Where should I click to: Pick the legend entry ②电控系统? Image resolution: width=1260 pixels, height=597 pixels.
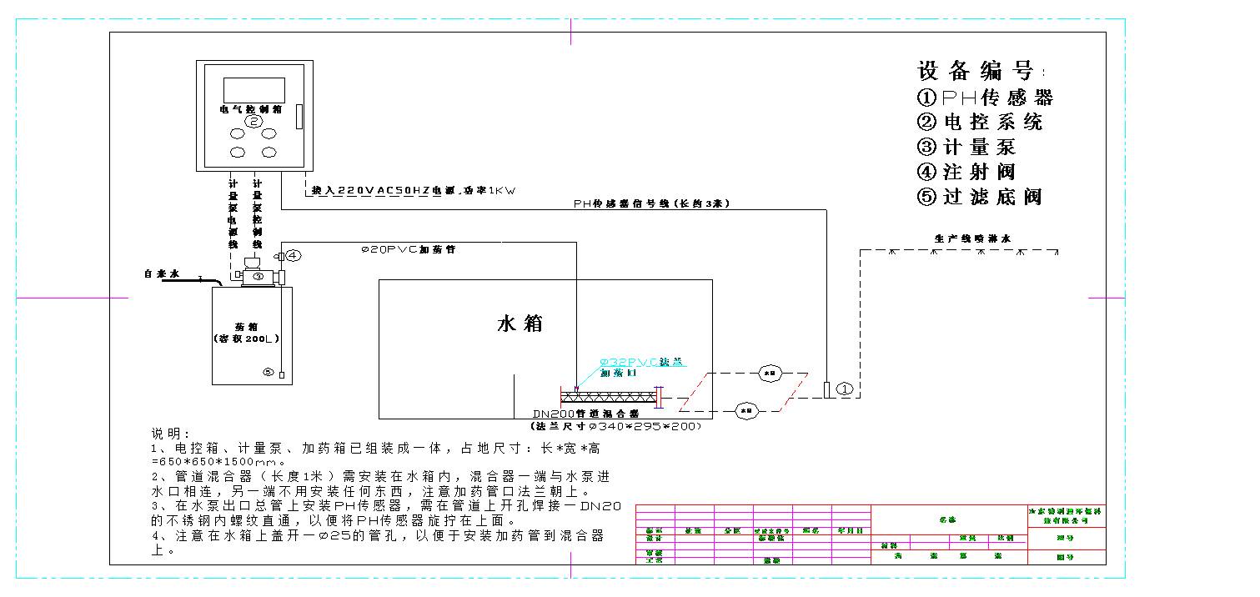(x=980, y=123)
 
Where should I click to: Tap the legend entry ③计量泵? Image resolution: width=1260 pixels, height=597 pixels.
(x=966, y=148)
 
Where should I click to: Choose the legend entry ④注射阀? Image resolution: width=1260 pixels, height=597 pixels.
(x=966, y=173)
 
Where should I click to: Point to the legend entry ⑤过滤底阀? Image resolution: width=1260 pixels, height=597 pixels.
(x=980, y=198)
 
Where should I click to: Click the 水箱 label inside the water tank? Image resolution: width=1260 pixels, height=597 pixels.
(x=520, y=324)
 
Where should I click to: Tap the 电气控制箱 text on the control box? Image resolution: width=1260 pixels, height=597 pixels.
(x=250, y=108)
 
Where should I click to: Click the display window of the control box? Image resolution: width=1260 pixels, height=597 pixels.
(x=254, y=90)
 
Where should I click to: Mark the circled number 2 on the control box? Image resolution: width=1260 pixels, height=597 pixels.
(x=254, y=122)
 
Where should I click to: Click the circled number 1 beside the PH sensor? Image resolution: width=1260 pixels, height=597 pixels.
(x=844, y=389)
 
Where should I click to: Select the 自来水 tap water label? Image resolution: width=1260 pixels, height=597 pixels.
(x=161, y=273)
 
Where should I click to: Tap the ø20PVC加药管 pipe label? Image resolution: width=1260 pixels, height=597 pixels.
(x=408, y=249)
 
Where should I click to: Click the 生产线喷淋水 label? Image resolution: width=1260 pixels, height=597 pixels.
(x=971, y=238)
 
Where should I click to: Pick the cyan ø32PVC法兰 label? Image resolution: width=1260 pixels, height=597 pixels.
(x=642, y=362)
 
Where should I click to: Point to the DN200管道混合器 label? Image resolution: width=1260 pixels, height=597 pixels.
(x=585, y=414)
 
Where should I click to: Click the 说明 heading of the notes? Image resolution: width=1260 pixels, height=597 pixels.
(x=170, y=434)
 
